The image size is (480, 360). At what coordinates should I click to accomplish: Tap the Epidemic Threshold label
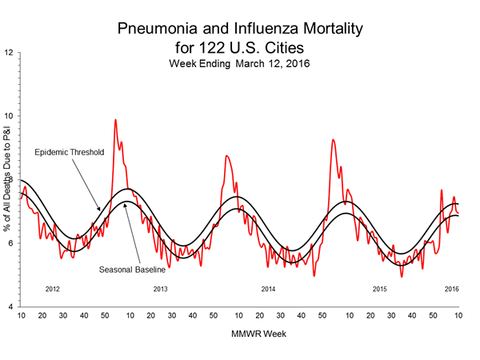pyautogui.click(x=68, y=151)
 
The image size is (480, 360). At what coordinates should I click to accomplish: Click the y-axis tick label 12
pyautogui.click(x=10, y=53)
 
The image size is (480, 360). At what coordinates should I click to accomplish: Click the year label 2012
pyautogui.click(x=53, y=288)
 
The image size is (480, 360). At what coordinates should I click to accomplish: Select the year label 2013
pyautogui.click(x=160, y=288)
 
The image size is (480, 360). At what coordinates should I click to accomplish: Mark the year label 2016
pyautogui.click(x=451, y=288)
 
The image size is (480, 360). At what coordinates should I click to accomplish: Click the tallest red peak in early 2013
pyautogui.click(x=115, y=120)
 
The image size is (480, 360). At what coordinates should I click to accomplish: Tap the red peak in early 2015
pyautogui.click(x=333, y=140)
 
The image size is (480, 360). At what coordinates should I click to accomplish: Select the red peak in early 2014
pyautogui.click(x=226, y=156)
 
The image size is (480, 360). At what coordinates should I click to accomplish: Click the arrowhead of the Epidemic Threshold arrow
pyautogui.click(x=99, y=210)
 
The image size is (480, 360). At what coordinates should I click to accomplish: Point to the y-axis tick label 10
pyautogui.click(x=10, y=116)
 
